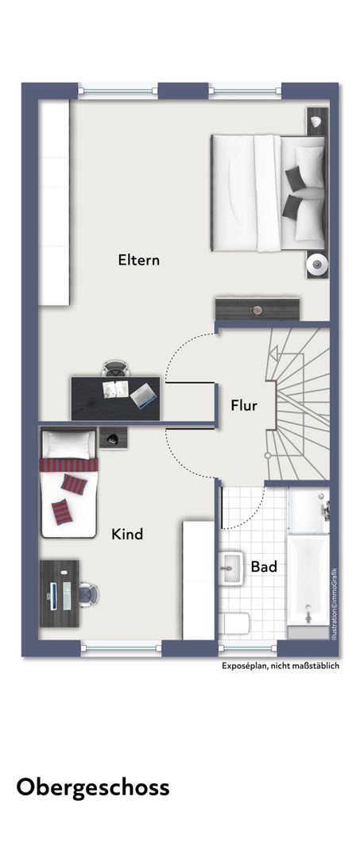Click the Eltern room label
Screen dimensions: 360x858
[x=139, y=260]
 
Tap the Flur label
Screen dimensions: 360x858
[x=244, y=406]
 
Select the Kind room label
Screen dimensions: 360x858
[x=127, y=534]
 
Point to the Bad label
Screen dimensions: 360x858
[x=264, y=566]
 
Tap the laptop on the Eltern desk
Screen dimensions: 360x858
[x=143, y=395]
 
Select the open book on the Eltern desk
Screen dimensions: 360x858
[x=116, y=388]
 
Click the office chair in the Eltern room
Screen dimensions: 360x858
[x=116, y=368]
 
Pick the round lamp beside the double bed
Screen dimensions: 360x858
[x=317, y=265]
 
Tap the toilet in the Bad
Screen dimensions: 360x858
[x=234, y=624]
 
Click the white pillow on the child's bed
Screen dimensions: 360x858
[x=68, y=444]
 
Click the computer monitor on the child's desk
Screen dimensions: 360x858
[x=53, y=596]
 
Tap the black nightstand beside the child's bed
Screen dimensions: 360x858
[x=114, y=438]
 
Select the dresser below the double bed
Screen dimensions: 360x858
[x=257, y=309]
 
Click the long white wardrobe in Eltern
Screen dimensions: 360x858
[x=54, y=203]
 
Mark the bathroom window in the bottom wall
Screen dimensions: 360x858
[x=248, y=648]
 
